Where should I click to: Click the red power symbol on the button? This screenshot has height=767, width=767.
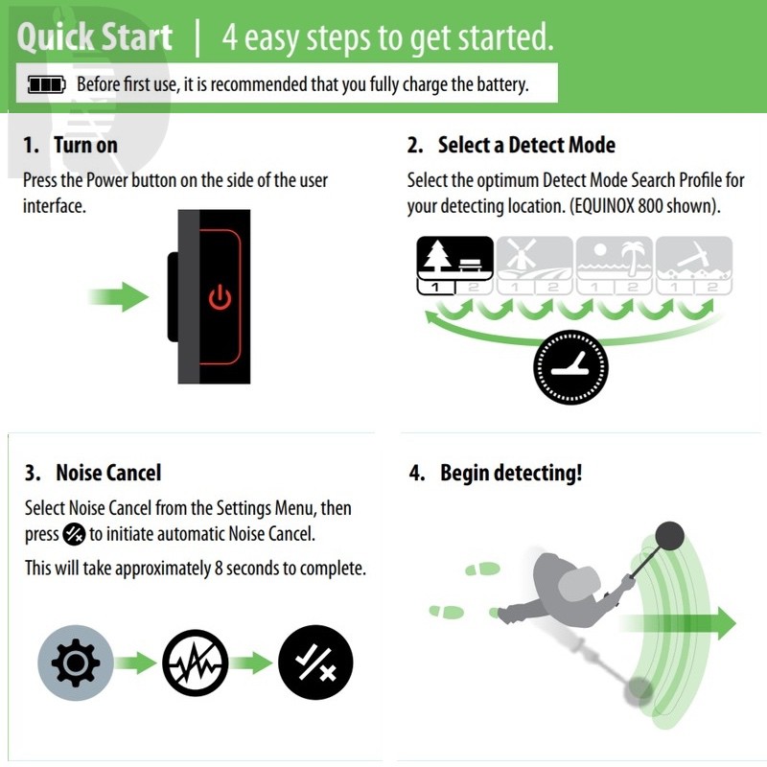pos(221,297)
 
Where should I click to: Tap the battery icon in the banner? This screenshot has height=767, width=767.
pos(46,84)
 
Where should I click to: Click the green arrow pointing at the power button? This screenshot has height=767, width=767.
pos(119,297)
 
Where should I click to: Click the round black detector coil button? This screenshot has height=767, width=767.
pos(570,367)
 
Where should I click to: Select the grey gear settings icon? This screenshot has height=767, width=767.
pos(76,662)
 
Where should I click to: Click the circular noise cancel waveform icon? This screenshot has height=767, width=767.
pos(196,662)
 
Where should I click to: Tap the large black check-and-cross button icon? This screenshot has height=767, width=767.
pos(315,662)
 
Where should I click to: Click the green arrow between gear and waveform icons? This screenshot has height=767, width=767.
pos(136,662)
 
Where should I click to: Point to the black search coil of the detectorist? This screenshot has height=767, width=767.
pos(669,536)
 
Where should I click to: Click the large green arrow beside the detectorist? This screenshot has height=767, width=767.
pos(678,623)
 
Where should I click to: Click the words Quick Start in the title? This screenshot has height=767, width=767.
pos(94,38)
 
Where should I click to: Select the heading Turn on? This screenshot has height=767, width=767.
pos(85,146)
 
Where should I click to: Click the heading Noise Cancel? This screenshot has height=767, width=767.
pos(108,473)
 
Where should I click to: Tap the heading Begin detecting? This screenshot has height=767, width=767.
pos(511,473)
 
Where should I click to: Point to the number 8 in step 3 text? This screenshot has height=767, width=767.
pos(219,569)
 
